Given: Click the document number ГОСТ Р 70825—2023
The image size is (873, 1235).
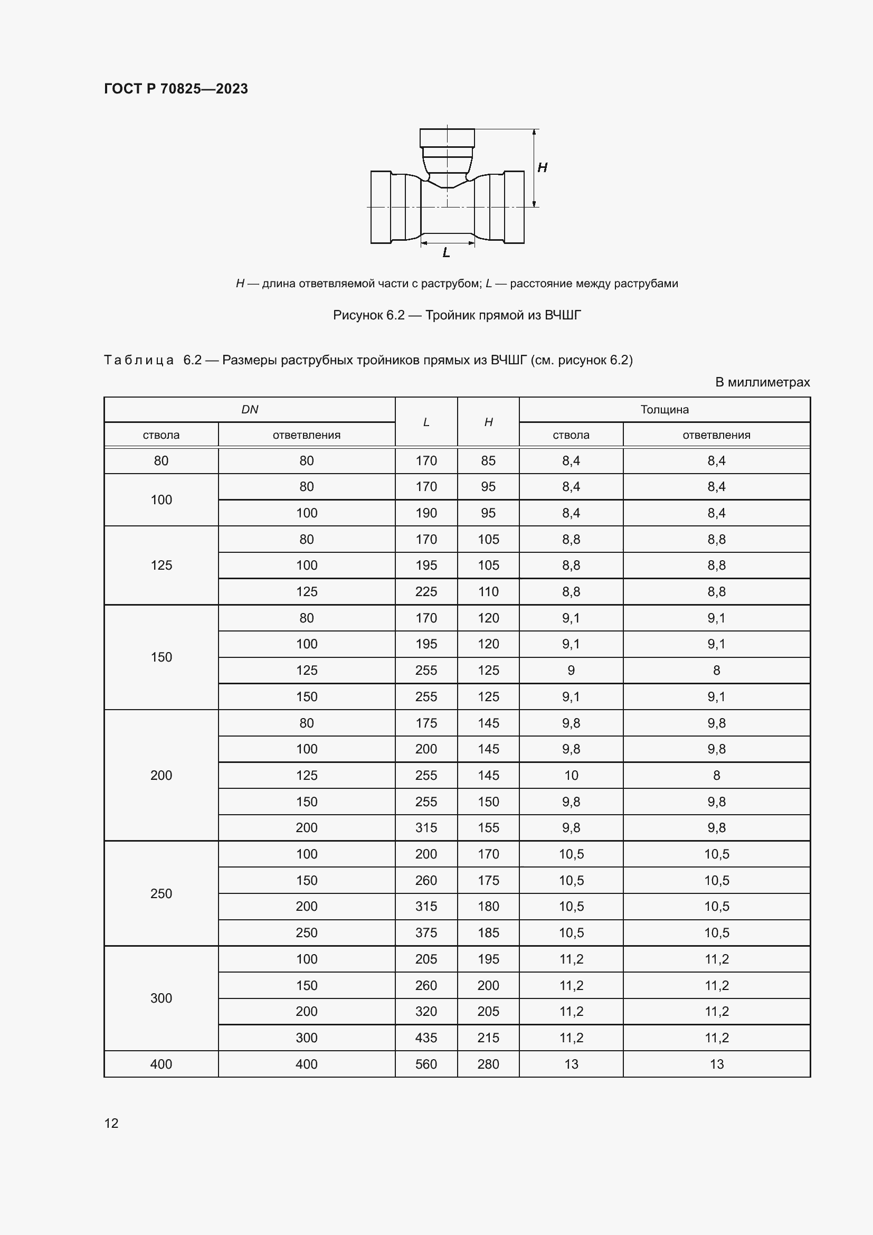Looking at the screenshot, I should point(176,89).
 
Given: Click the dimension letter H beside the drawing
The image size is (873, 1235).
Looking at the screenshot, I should point(543,167).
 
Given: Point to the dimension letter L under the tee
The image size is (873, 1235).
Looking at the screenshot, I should point(446,253).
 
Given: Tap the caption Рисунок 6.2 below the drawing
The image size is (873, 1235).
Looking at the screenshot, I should point(457,315).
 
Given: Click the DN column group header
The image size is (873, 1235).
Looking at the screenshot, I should point(250,409).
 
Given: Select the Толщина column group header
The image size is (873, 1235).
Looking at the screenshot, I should point(665,409).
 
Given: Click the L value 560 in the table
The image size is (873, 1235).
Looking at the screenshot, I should point(426,1064).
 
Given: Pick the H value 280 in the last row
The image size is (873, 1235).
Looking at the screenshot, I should point(488,1064).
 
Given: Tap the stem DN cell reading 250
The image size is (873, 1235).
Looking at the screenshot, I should point(162,893).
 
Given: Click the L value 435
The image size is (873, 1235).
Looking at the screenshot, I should point(426,1038).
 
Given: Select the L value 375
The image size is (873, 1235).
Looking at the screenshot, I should point(426,932).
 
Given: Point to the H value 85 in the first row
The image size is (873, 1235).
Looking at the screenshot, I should point(488,460).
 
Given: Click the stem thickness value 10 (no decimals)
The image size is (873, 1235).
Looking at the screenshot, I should point(571,775).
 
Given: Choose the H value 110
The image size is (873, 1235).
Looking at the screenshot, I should point(488,592).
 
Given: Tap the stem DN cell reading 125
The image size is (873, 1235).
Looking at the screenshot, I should point(162,565).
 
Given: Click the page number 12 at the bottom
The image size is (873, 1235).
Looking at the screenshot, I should point(111,1123).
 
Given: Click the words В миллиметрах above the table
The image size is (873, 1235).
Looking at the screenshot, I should point(762,382).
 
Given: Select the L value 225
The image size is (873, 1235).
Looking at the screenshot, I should point(426,592).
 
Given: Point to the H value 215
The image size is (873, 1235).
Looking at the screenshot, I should point(488,1038).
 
